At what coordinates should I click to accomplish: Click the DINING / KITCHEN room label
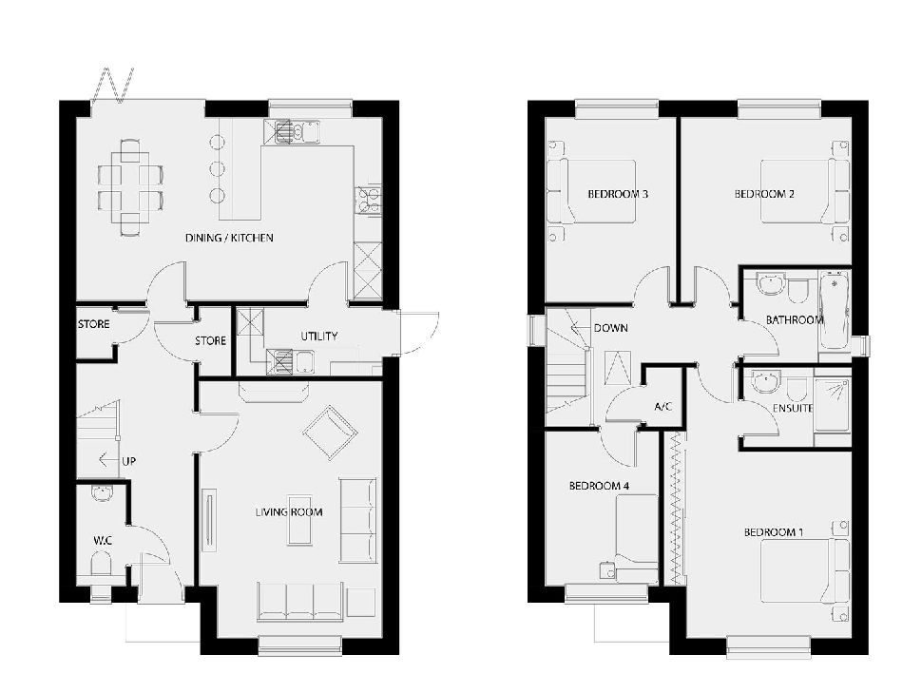229,238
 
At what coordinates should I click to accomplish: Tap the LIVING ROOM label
289,511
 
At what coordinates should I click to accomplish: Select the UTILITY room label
319,336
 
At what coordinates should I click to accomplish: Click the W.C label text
103,540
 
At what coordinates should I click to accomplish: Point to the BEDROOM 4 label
599,486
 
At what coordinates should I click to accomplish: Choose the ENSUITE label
793,408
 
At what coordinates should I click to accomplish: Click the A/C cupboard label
663,407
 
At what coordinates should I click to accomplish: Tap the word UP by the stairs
128,461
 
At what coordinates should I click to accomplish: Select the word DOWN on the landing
611,328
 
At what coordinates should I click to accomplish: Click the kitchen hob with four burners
368,199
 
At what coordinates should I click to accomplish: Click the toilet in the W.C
101,565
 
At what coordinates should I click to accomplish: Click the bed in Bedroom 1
804,571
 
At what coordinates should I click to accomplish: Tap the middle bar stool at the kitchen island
218,169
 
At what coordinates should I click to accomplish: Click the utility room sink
292,361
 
